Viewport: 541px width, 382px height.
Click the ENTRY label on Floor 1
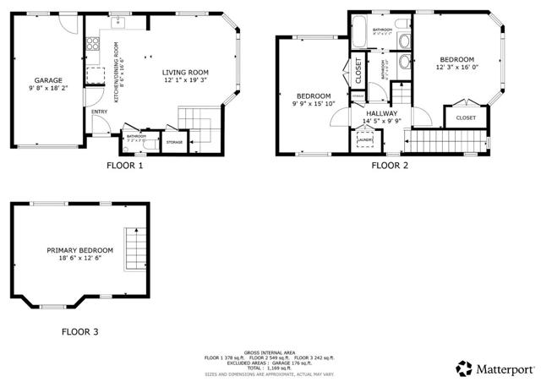pos(100,111)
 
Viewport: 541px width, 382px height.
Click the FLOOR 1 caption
pos(125,166)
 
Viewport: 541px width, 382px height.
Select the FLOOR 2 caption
pos(390,166)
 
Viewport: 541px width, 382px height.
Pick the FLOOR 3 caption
pos(79,332)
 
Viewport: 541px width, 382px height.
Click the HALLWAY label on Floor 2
pos(382,112)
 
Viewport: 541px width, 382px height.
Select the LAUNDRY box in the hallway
pos(365,140)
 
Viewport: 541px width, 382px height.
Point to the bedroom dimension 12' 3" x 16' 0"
pos(456,68)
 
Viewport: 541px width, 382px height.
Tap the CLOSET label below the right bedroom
pos(466,117)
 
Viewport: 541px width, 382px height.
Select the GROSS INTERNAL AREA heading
pos(270,352)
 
